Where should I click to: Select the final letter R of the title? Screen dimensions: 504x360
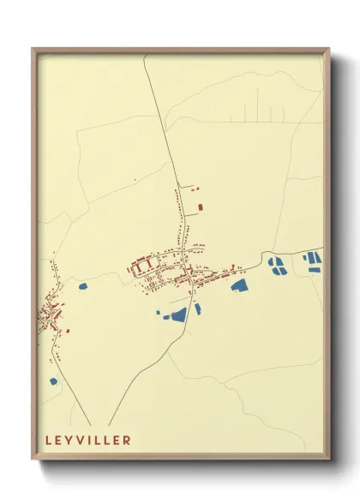click(x=128, y=441)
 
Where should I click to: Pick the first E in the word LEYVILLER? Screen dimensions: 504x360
click(x=59, y=441)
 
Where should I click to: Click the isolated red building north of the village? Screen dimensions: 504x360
click(x=201, y=207)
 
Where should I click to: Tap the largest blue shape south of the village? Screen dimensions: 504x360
click(x=179, y=315)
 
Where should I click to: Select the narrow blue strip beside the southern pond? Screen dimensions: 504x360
click(x=197, y=309)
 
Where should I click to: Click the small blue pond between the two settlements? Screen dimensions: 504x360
click(x=83, y=286)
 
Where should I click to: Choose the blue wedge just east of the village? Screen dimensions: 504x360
click(x=238, y=285)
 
